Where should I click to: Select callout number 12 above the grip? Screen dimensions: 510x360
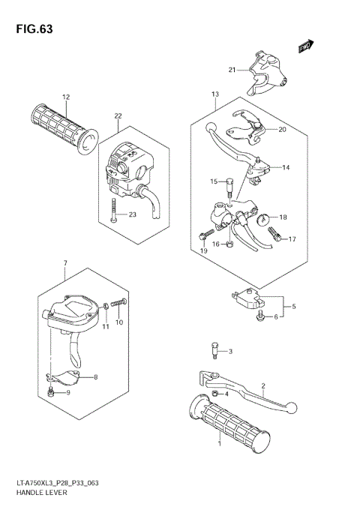click(x=66, y=97)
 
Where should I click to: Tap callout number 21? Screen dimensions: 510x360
click(x=232, y=70)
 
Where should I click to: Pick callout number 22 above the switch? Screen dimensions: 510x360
click(x=118, y=115)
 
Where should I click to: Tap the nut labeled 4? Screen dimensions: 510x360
click(x=215, y=394)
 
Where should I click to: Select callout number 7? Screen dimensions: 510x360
click(x=65, y=262)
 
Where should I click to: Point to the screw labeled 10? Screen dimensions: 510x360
click(x=115, y=304)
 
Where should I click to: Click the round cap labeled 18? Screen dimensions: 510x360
click(x=263, y=218)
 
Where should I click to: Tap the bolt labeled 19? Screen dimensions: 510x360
click(x=203, y=236)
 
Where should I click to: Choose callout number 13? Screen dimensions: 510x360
click(x=214, y=94)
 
